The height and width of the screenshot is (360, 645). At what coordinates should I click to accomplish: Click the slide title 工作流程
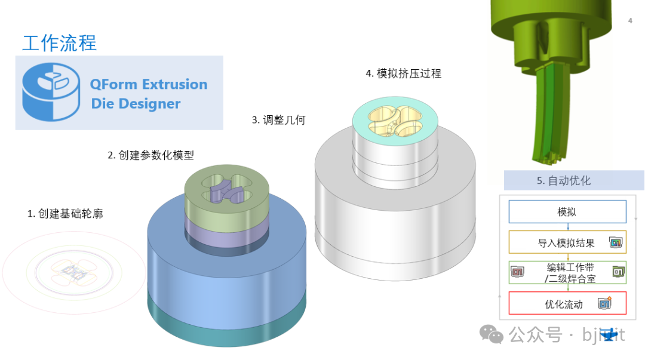(59, 43)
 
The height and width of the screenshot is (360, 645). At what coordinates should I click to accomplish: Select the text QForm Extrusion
(149, 84)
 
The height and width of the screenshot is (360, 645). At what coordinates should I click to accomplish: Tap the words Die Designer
(136, 104)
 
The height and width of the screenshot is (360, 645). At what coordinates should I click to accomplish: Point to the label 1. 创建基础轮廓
(65, 213)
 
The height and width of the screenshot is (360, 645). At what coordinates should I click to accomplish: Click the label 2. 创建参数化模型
(150, 155)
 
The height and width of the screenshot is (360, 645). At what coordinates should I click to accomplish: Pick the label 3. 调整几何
(278, 120)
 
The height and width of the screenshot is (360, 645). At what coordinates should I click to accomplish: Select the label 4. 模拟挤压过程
(403, 73)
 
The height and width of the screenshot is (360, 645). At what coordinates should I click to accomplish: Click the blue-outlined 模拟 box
(567, 212)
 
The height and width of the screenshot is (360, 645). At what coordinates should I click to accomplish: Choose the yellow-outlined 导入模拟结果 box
(567, 242)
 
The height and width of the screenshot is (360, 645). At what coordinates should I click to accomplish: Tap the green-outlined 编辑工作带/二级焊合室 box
(567, 273)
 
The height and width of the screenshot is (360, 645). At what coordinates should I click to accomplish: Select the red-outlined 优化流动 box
(567, 303)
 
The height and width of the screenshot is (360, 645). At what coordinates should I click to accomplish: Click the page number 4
(630, 21)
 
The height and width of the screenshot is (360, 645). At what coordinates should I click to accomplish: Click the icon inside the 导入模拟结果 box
(615, 242)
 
